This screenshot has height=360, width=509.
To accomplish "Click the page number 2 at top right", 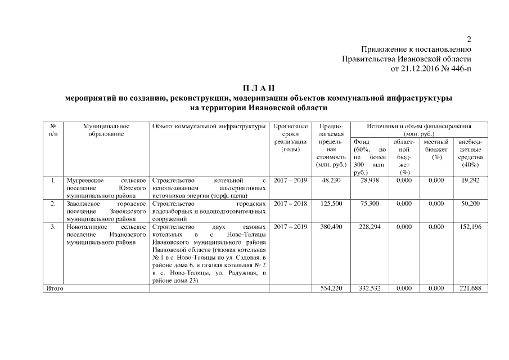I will click(469, 39).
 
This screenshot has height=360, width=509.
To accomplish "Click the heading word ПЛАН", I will click(259, 88).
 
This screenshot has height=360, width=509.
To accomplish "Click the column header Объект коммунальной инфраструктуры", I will click(209, 127).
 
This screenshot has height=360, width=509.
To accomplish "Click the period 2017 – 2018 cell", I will click(290, 204).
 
